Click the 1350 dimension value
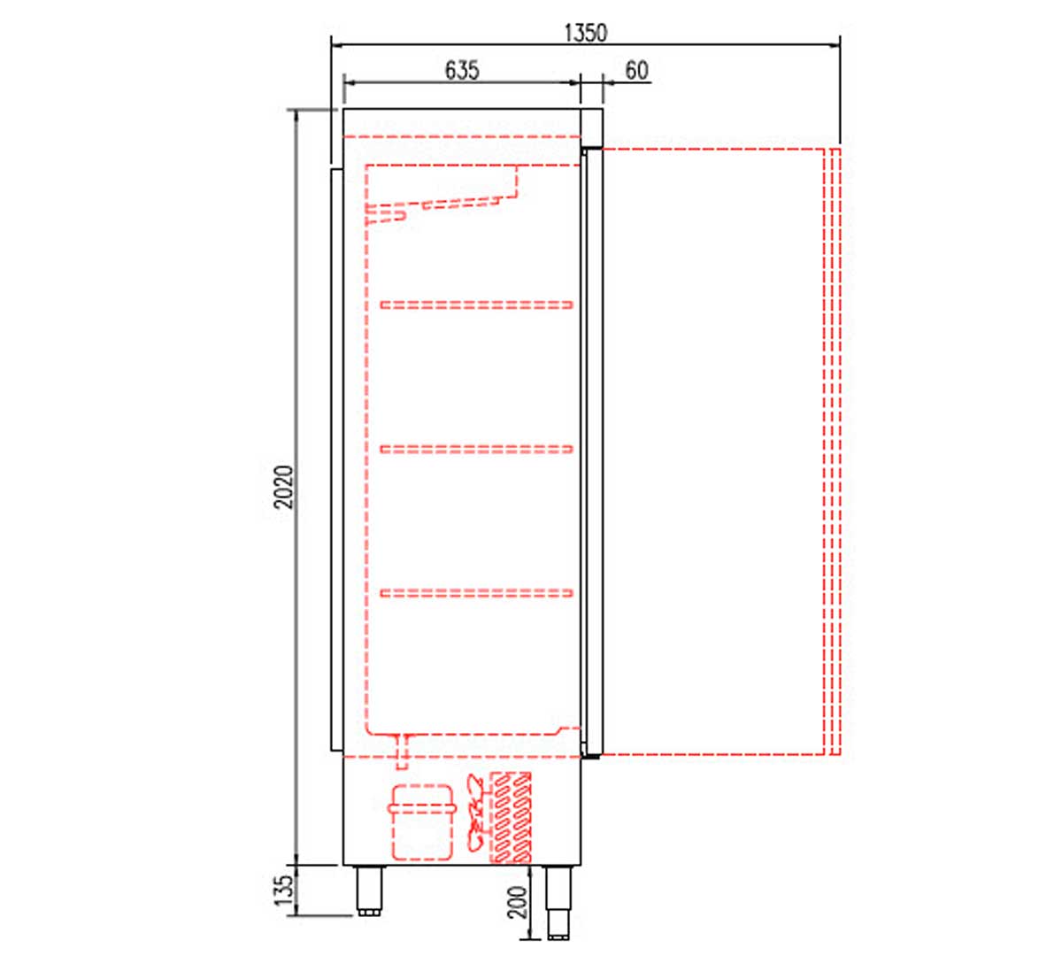[x=586, y=33]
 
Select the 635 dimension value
[x=462, y=70]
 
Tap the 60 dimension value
[x=636, y=70]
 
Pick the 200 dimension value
[x=519, y=902]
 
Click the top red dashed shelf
[x=477, y=305]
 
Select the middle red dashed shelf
[x=477, y=449]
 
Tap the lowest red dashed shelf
[x=477, y=592]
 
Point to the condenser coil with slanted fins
[x=512, y=818]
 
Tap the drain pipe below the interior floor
[x=404, y=748]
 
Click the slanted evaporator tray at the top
[x=442, y=199]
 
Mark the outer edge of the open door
[x=833, y=451]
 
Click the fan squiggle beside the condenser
[x=476, y=814]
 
